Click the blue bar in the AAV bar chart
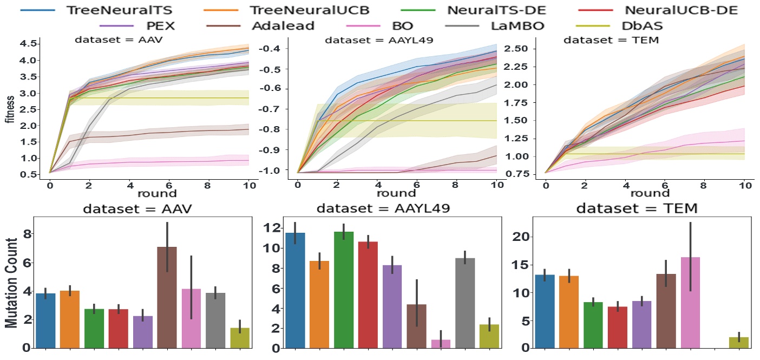(x=45, y=320)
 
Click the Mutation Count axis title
(x=11, y=282)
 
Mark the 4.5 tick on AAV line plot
(x=30, y=43)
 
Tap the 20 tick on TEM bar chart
(x=521, y=237)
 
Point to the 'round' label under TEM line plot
(x=646, y=193)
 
